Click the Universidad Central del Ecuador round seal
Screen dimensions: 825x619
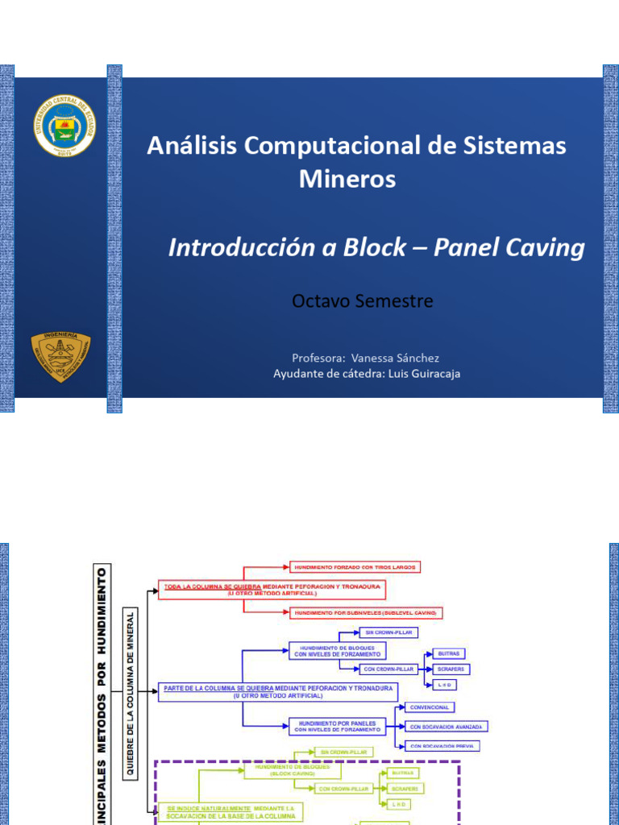(64, 125)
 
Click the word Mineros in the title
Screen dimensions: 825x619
(347, 179)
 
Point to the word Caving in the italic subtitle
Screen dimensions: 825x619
(545, 248)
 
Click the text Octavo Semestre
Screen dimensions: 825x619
(362, 301)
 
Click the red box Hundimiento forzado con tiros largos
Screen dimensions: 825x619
(355, 567)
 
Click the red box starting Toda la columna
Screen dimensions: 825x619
(272, 589)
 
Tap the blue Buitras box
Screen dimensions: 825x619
(449, 653)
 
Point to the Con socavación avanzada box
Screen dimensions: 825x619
(446, 727)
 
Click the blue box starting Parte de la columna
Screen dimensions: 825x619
(277, 692)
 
